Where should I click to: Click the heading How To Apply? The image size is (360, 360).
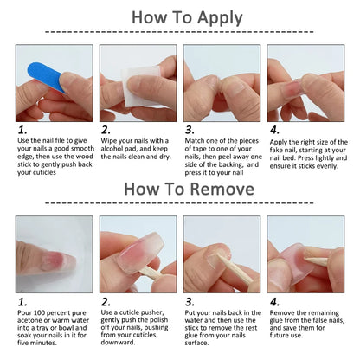(x=180, y=18)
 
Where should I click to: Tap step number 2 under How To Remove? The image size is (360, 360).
(x=106, y=303)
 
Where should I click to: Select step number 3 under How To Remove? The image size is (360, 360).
(x=190, y=303)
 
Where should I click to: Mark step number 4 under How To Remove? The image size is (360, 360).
(x=273, y=303)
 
